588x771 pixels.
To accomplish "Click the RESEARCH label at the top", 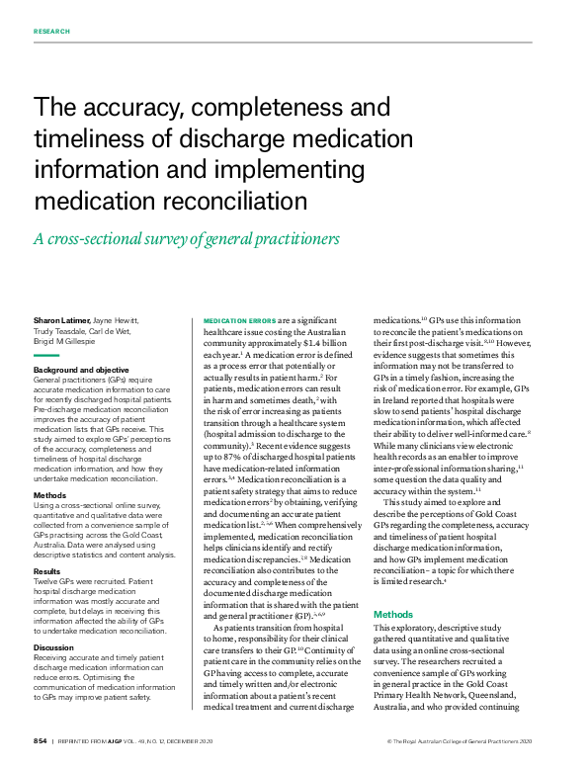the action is [x=51, y=32].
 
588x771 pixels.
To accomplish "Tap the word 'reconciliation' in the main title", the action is [x=221, y=201].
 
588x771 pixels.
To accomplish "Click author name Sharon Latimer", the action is [x=60, y=320].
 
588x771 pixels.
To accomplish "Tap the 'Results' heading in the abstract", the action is [x=47, y=571].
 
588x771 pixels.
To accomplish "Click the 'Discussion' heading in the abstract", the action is [x=53, y=647].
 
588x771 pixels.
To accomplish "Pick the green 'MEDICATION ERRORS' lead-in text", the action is [x=239, y=321].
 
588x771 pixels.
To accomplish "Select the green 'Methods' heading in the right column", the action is [x=393, y=614].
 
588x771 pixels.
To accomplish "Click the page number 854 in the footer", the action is [x=40, y=740].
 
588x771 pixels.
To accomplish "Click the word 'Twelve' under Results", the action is [x=44, y=583].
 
